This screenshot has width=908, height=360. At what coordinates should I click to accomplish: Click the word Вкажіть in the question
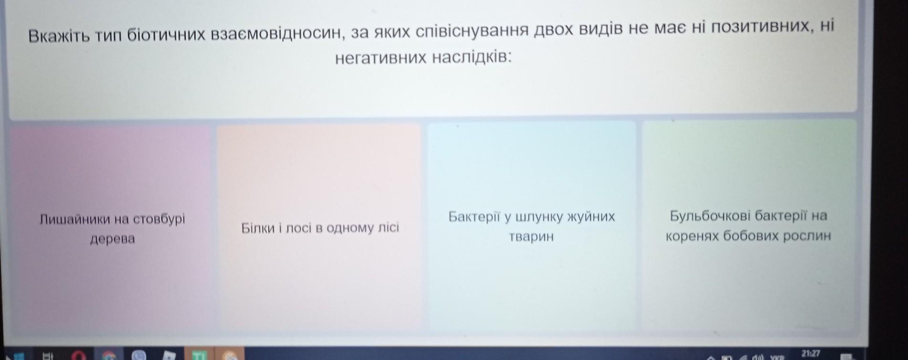[59, 36]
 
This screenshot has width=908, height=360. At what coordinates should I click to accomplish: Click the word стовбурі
[159, 219]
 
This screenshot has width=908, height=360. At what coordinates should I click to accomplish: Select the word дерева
[113, 239]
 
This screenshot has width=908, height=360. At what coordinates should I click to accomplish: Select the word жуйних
[591, 217]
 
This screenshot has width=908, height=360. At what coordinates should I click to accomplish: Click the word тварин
[531, 236]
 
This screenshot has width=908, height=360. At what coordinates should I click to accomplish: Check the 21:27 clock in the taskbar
[810, 354]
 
